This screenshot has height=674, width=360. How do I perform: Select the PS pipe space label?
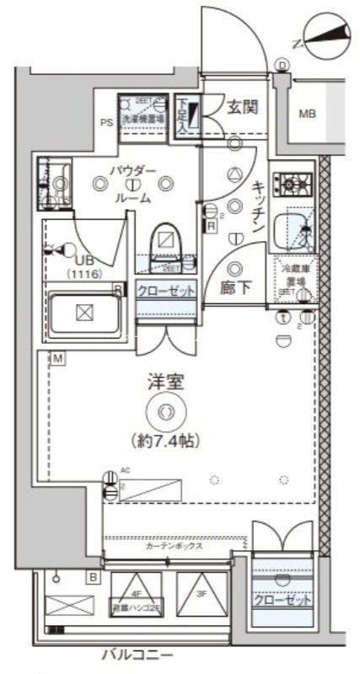[x=107, y=122]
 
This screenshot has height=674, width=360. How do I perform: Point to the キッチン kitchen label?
[x=260, y=206]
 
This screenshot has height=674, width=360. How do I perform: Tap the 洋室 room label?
[x=165, y=383]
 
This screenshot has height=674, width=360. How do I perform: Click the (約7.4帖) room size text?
[x=165, y=439]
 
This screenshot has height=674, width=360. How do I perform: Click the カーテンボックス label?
[x=175, y=546]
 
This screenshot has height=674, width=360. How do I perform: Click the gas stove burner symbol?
[x=296, y=181]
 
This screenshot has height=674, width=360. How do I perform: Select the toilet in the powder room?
[x=167, y=244]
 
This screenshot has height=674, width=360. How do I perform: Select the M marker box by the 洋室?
[x=56, y=360]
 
